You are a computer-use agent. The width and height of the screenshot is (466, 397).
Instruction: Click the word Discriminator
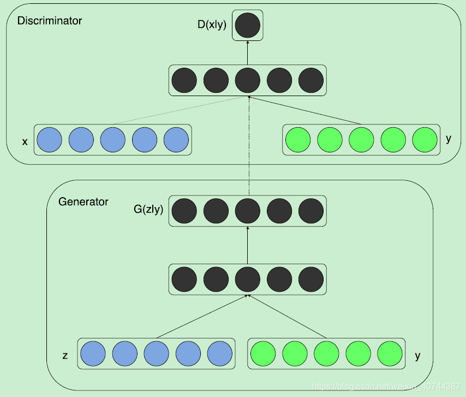point(50,21)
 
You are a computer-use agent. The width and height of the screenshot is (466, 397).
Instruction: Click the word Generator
point(83,202)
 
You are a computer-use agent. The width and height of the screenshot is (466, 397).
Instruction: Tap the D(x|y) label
point(212,25)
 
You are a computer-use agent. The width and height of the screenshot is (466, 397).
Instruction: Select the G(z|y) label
point(148,209)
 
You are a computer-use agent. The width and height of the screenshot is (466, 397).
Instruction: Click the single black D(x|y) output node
point(248,25)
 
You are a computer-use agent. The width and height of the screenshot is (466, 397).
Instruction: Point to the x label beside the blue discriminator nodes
point(25,142)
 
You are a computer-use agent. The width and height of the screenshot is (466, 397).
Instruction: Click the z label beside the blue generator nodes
point(65,355)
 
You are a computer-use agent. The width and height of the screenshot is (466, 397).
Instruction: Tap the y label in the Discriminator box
point(449,139)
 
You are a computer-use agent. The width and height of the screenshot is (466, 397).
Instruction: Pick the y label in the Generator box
point(417,356)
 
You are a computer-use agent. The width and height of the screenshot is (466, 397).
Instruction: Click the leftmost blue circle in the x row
point(49,140)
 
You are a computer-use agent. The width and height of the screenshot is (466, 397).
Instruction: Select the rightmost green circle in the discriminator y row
point(425,140)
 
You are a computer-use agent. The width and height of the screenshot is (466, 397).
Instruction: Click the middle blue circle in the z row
point(156,353)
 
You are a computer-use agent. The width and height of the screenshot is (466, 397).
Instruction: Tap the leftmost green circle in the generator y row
point(263,353)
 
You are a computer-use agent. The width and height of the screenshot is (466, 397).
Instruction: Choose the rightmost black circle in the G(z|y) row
point(311,211)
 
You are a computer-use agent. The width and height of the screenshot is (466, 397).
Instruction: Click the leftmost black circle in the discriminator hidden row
point(184,80)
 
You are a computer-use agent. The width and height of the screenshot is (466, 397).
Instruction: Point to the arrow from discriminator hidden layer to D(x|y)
point(248,52)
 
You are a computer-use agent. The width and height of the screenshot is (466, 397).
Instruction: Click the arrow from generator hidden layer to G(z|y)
point(248,245)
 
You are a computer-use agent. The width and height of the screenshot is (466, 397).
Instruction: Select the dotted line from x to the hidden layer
point(181,110)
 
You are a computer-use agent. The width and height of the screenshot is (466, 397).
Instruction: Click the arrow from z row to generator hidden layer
point(202,316)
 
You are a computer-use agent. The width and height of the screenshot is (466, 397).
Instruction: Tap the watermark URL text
point(386,387)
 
